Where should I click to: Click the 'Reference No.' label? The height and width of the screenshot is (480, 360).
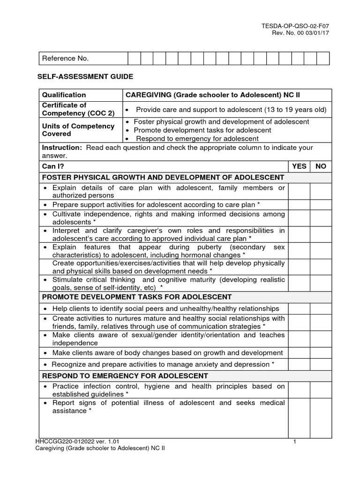pyautogui.click(x=66, y=59)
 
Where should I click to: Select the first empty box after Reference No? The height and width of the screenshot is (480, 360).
pyautogui.click(x=134, y=59)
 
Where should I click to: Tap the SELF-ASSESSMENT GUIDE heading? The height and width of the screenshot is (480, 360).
pyautogui.click(x=85, y=76)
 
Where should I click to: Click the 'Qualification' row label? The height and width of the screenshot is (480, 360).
pyautogui.click(x=64, y=95)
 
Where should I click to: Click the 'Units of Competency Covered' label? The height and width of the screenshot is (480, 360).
pyautogui.click(x=78, y=130)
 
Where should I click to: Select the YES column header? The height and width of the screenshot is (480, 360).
pyautogui.click(x=299, y=166)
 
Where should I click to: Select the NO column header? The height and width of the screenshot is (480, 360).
pyautogui.click(x=321, y=166)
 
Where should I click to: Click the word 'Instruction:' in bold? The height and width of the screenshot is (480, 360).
pyautogui.click(x=61, y=148)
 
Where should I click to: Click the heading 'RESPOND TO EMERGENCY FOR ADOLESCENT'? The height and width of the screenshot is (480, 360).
pyautogui.click(x=125, y=376)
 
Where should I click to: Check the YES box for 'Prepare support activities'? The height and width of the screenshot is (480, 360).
pyautogui.click(x=299, y=205)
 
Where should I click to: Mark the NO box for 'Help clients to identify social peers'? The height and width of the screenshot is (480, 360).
pyautogui.click(x=321, y=308)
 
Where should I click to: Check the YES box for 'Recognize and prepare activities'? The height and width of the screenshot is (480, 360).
pyautogui.click(x=299, y=364)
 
